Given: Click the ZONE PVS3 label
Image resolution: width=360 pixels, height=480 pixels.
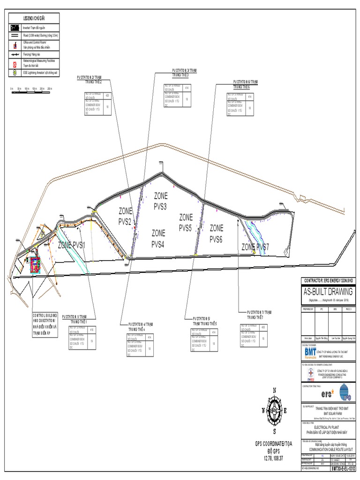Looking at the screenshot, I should (x=160, y=201).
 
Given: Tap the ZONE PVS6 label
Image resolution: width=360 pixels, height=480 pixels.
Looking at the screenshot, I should (x=216, y=233).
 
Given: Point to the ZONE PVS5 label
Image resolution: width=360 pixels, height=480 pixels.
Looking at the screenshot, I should (x=186, y=223).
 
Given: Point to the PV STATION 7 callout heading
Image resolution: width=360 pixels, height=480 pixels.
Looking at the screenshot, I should (x=260, y=314).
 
